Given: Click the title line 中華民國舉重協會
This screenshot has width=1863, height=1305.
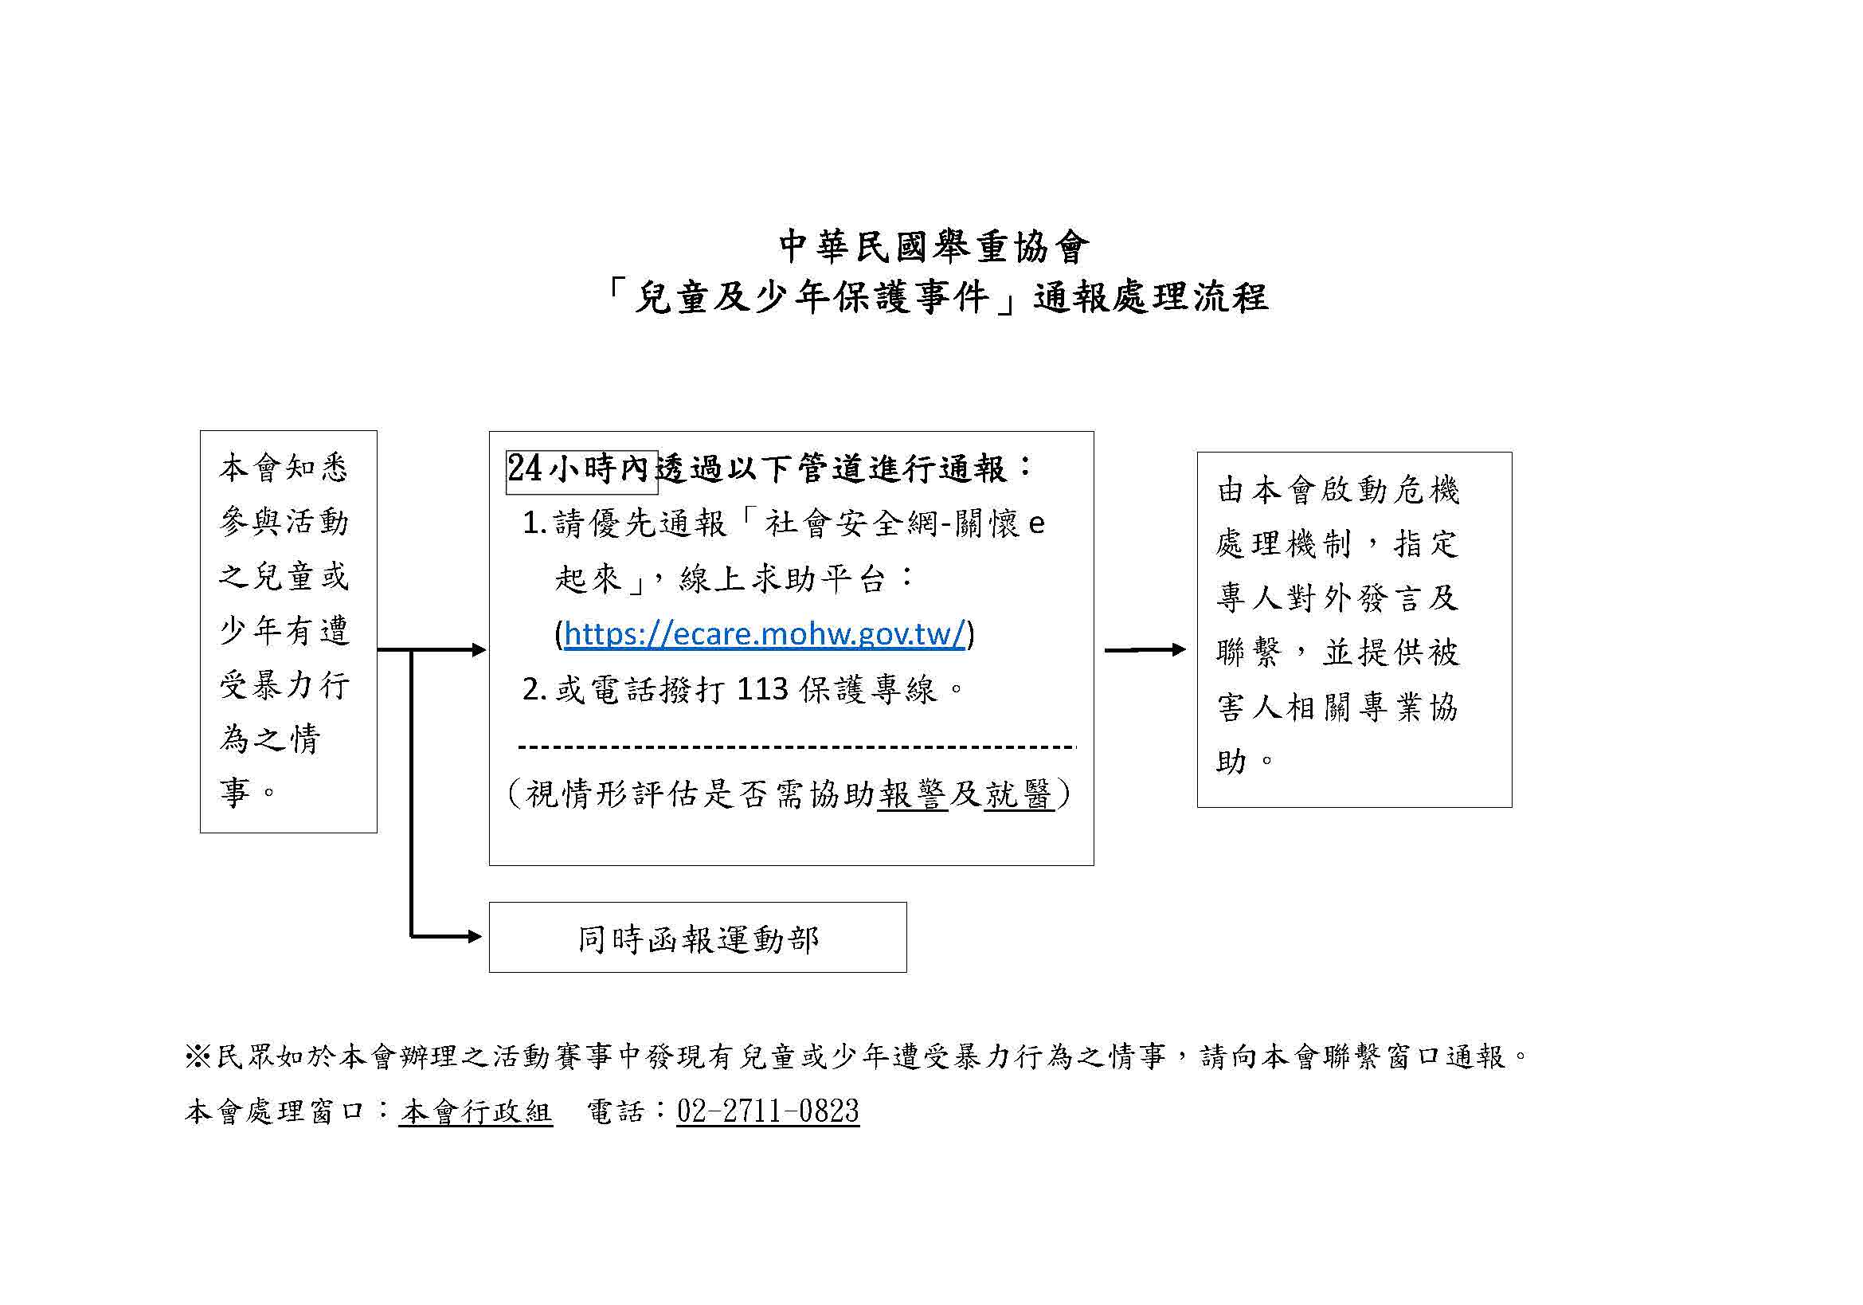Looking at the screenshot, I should pos(933,246).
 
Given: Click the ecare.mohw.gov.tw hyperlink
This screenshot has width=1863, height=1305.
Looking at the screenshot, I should pos(765,633).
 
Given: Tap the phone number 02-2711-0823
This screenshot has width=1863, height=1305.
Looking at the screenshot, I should pos(768,1111).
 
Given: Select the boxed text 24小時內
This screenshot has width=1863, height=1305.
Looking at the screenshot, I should pos(580,469).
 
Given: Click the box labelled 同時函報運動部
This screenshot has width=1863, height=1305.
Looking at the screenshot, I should pos(697,938).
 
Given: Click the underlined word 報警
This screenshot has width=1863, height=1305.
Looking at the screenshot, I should pos(912,793).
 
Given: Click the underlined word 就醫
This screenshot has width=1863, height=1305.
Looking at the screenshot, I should pos(1019,793).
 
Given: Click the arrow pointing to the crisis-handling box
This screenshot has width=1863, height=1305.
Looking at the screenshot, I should pos(1145,649).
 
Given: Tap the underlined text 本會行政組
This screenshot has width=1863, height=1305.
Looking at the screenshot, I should pos(476,1111).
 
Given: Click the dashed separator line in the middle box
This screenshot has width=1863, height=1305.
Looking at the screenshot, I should pos(795,746).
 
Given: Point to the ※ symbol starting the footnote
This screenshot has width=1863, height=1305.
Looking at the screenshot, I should pos(198,1056).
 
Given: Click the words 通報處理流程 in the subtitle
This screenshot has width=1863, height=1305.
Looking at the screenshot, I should pos(1151,297).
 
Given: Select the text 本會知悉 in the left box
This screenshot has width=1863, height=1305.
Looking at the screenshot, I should pos(284,468).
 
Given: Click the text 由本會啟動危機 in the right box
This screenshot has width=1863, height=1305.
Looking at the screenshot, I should pos(1338,490).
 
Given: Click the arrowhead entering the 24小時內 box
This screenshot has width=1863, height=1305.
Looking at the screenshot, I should pos(479,649).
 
